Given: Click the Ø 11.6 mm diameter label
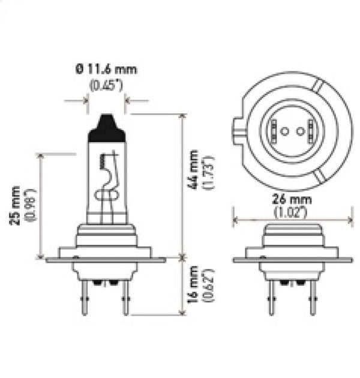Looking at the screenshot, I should pos(107,69).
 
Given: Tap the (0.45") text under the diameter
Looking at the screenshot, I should pos(106,85).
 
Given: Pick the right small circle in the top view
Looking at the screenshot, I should pos(298,131).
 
